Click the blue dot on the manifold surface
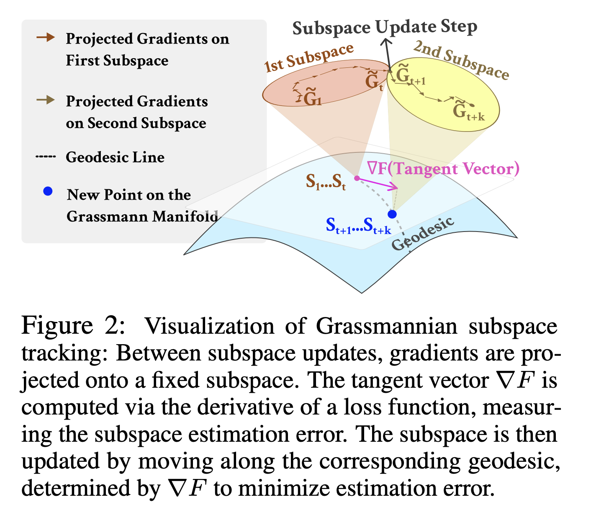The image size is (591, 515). click(392, 214)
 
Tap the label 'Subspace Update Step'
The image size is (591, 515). click(385, 28)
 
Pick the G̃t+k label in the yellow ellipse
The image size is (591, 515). click(468, 111)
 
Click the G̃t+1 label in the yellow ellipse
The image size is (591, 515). click(410, 77)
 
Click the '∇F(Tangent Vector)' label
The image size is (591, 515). click(443, 169)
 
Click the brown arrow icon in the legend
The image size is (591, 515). click(45, 38)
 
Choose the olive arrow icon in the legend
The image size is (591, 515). click(45, 100)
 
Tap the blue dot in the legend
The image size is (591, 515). click(48, 192)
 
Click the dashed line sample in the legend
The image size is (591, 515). click(45, 157)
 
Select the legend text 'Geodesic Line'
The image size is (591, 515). click(115, 157)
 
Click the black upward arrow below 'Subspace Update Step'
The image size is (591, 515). click(387, 54)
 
